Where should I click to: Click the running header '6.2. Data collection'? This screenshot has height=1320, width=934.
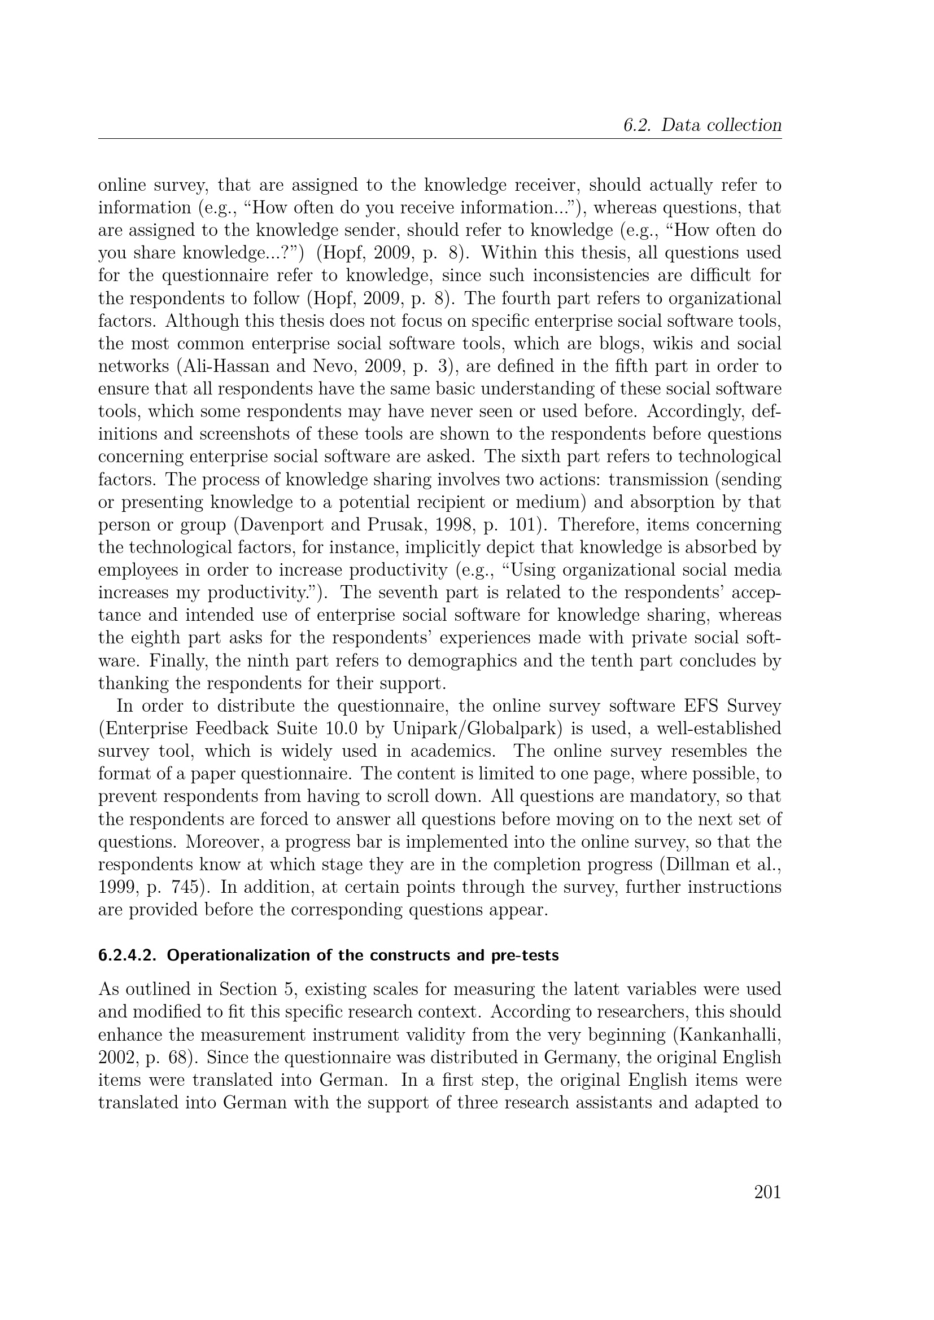click(702, 125)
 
